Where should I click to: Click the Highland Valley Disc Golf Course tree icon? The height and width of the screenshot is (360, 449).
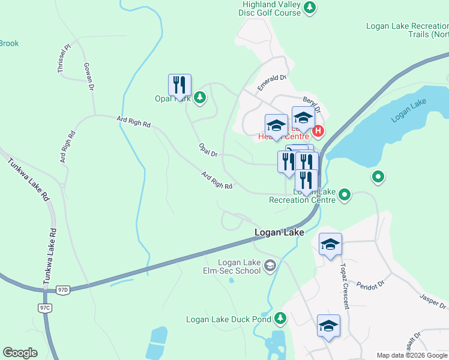(310, 8)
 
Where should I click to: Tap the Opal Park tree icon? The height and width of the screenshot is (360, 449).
(200, 97)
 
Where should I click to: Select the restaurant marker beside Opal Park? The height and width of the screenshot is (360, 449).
(179, 86)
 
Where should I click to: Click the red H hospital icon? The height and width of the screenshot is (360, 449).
(318, 131)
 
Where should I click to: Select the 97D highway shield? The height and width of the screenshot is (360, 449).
(63, 289)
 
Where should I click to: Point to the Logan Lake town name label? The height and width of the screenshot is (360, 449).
(279, 232)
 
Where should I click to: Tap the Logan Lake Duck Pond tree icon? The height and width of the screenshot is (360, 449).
(280, 319)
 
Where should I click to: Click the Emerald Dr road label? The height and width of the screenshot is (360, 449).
(273, 82)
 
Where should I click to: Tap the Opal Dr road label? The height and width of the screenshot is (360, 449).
(208, 150)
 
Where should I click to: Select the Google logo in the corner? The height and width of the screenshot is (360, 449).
(20, 353)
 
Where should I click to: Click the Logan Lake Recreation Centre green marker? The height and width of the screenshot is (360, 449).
(345, 194)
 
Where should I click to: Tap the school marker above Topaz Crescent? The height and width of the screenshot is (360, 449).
(330, 245)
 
